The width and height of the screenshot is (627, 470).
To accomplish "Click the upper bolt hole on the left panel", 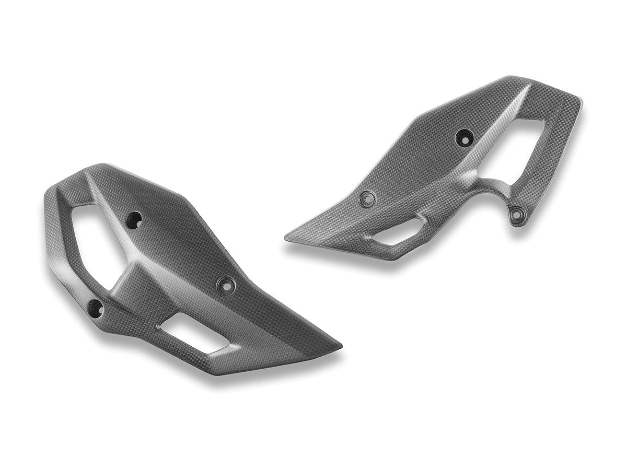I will click(x=135, y=219).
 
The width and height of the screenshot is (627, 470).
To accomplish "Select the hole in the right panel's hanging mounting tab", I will click(x=517, y=214).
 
